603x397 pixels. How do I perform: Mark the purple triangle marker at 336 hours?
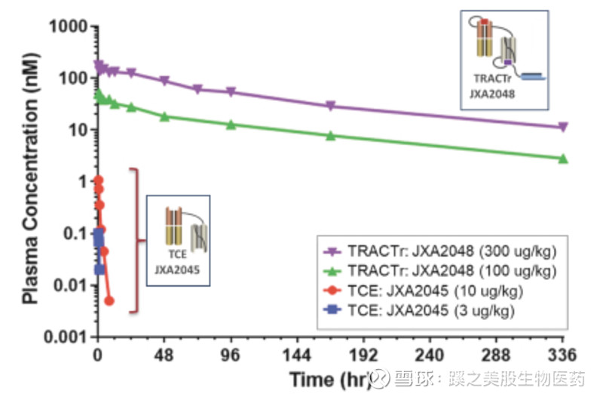coord(563,128)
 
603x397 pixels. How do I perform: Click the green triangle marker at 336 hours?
coord(563,158)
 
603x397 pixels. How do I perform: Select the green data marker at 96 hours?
coord(231,124)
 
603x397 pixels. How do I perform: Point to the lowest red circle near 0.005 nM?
coord(109,300)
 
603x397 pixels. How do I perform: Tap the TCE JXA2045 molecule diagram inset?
coord(178,240)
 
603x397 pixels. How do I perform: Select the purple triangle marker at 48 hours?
coord(164,82)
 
